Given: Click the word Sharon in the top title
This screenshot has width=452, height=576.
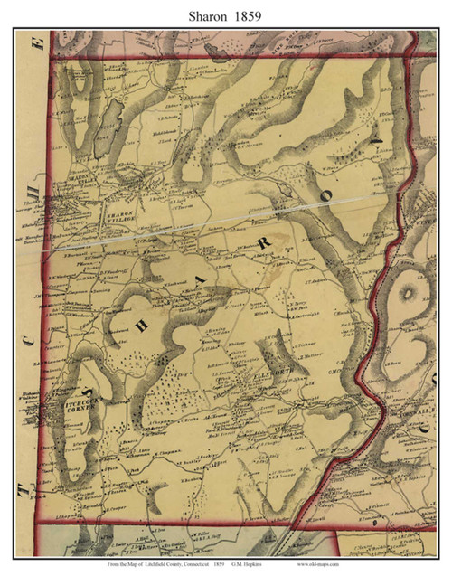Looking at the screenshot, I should (x=207, y=14).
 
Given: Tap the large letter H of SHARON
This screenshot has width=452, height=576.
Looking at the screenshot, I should (x=140, y=329).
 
